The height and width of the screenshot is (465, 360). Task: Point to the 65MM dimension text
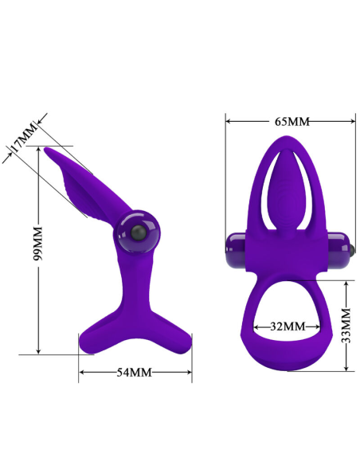pos(292,122)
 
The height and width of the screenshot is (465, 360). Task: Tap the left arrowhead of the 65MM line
pos(228,122)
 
